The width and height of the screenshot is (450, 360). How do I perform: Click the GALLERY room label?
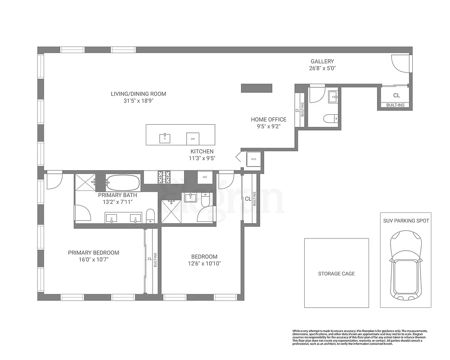pyautogui.click(x=322, y=62)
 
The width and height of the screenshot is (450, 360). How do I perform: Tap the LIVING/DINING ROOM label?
pyautogui.click(x=139, y=94)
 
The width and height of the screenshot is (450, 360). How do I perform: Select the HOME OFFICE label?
pyautogui.click(x=269, y=119)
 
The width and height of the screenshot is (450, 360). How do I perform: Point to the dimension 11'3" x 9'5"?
pyautogui.click(x=202, y=158)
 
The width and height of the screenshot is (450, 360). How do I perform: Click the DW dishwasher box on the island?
pyautogui.click(x=193, y=138)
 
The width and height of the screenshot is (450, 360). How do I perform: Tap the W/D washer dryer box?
pyautogui.click(x=253, y=159)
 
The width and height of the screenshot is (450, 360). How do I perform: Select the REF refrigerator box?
pyautogui.click(x=205, y=177)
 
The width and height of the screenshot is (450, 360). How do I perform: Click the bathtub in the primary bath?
pyautogui.click(x=122, y=183)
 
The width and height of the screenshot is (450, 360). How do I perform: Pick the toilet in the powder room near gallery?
pyautogui.click(x=330, y=119)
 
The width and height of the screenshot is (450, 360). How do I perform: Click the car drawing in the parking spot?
pyautogui.click(x=405, y=265)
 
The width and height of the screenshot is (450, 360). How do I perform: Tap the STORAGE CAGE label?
pyautogui.click(x=336, y=274)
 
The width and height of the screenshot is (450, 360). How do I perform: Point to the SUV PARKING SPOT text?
pyautogui.click(x=405, y=221)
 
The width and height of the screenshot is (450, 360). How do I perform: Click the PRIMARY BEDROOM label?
pyautogui.click(x=94, y=253)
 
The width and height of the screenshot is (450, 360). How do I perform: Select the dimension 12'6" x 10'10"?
pyautogui.click(x=204, y=264)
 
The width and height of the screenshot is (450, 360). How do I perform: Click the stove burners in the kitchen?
pyautogui.click(x=163, y=177)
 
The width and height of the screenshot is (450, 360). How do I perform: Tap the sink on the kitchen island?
pyautogui.click(x=165, y=138)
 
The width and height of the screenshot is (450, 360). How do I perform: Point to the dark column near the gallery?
pyautogui.click(x=257, y=88)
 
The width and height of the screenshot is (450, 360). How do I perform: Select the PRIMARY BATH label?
pyautogui.click(x=117, y=195)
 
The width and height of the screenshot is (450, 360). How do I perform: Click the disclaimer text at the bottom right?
pyautogui.click(x=360, y=337)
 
